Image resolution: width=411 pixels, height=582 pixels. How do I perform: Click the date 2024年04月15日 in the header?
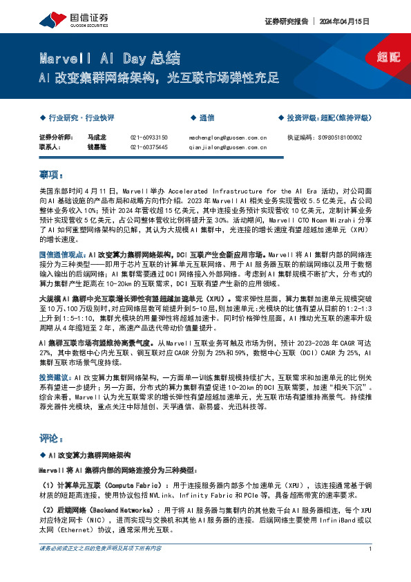(350, 21)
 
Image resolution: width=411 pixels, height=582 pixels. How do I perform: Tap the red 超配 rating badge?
(389, 57)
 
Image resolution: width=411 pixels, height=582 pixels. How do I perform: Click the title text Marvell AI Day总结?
(110, 58)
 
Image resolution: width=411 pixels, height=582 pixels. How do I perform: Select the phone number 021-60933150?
(149, 138)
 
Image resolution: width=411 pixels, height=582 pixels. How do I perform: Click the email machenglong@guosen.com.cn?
(228, 138)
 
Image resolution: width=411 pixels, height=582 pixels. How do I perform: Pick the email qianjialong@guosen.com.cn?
(228, 147)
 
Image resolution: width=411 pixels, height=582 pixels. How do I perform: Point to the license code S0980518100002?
(343, 138)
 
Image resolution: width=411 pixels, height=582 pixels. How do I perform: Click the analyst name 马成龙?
(95, 138)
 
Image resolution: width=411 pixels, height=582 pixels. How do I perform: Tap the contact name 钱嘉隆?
(95, 147)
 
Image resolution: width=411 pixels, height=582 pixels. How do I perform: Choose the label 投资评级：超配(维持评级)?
(329, 118)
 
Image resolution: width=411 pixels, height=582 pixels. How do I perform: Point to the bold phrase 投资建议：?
(55, 377)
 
